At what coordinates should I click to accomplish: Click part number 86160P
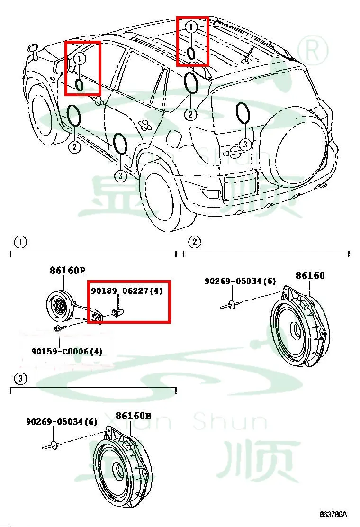click(x=67, y=271)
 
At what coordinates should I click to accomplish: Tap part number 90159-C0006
click(x=67, y=352)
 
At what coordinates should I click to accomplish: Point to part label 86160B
click(x=134, y=416)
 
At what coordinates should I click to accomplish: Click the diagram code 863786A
click(x=333, y=514)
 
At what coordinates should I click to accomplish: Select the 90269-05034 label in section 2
click(x=240, y=281)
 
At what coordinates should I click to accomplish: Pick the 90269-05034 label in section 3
click(x=61, y=421)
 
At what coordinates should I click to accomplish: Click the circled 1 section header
click(x=20, y=243)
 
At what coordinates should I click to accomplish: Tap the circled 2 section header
click(x=194, y=243)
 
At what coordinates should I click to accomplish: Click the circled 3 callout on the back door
click(x=244, y=145)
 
